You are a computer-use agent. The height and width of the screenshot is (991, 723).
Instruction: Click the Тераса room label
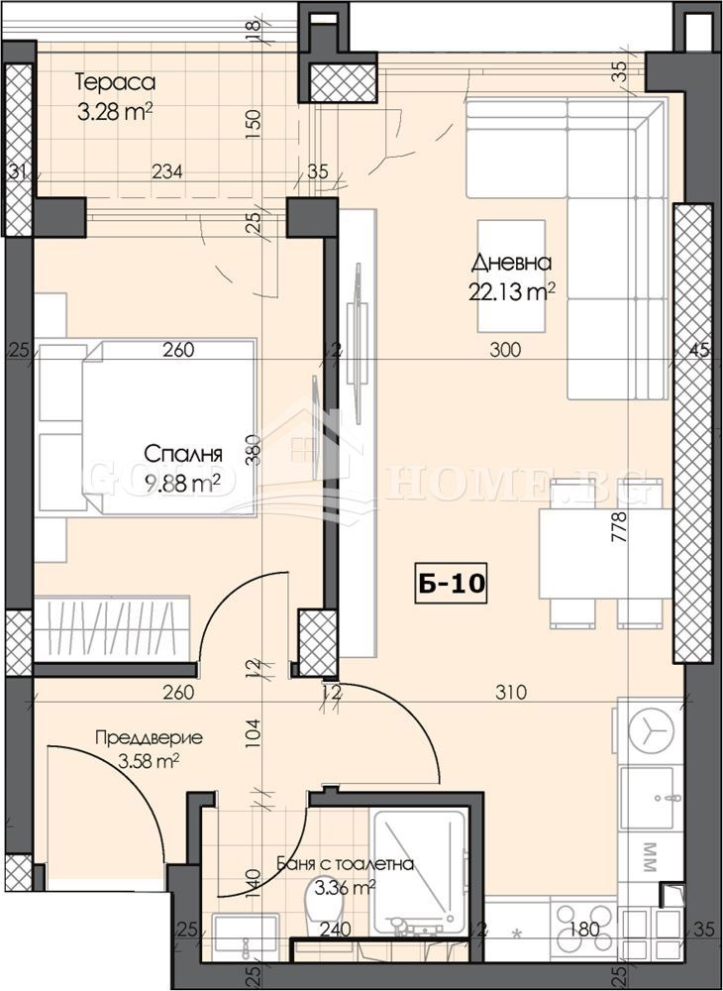[116, 82]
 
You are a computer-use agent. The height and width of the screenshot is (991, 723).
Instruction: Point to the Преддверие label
[149, 738]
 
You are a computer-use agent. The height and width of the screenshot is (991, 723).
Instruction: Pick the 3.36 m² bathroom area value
[338, 887]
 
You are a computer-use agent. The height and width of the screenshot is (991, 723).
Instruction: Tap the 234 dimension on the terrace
[166, 171]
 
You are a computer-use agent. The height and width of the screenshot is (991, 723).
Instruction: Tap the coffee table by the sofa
[511, 275]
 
